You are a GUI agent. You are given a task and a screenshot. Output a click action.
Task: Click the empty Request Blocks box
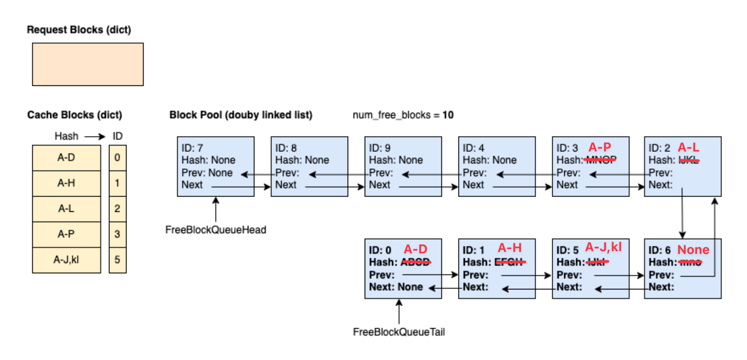pyautogui.click(x=88, y=64)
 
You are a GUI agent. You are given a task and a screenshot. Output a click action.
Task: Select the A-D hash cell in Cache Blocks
pyautogui.click(x=66, y=158)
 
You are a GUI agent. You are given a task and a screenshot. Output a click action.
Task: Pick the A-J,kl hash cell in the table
pyautogui.click(x=66, y=260)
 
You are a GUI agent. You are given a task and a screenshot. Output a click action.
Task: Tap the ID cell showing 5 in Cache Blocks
pyautogui.click(x=117, y=260)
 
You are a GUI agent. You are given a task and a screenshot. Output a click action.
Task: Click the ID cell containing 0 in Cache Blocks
pyautogui.click(x=117, y=158)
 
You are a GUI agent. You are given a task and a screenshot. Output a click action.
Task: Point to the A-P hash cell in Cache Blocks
pyautogui.click(x=66, y=234)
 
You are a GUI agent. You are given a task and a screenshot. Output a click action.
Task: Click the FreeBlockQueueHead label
pyautogui.click(x=216, y=230)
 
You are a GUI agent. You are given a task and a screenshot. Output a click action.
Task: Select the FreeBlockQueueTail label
pyautogui.click(x=399, y=332)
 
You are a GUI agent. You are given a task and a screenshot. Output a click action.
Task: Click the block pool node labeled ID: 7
pyautogui.click(x=216, y=166)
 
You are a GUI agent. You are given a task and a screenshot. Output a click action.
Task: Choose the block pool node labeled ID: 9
pyautogui.click(x=403, y=166)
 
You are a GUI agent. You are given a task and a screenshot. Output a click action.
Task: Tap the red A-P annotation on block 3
pyautogui.click(x=600, y=147)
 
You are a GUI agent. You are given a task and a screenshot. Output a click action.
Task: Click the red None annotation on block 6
pyautogui.click(x=693, y=250)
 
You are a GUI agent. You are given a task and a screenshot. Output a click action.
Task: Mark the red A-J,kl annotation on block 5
pyautogui.click(x=603, y=247)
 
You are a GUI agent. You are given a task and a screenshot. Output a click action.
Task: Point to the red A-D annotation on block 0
pyautogui.click(x=416, y=249)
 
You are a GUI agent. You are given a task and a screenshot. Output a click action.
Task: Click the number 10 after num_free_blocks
pyautogui.click(x=448, y=115)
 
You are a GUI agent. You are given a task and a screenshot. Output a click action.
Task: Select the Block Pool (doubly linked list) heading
pyautogui.click(x=241, y=115)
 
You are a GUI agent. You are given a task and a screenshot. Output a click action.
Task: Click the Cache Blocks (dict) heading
pyautogui.click(x=74, y=115)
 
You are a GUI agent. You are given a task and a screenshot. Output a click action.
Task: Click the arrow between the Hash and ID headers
pyautogui.click(x=95, y=136)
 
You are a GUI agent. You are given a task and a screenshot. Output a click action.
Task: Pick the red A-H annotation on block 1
pyautogui.click(x=510, y=248)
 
